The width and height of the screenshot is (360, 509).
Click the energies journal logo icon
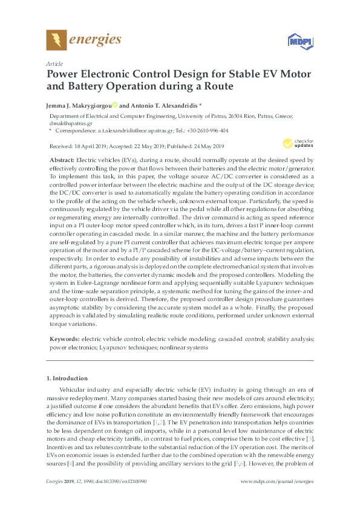(x=56, y=40)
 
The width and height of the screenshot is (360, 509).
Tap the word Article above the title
(x=54, y=63)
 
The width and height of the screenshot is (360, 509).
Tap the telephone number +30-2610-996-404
(x=207, y=129)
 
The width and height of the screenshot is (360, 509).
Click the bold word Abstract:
(x=62, y=157)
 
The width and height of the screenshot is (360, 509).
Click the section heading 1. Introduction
(x=68, y=378)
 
